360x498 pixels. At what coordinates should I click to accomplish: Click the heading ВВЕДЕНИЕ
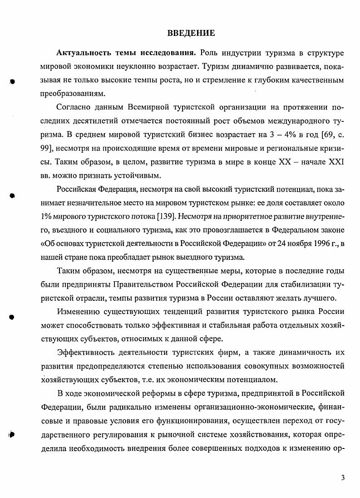[x=191, y=33]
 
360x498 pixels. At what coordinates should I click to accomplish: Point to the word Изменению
[x=78, y=312]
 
